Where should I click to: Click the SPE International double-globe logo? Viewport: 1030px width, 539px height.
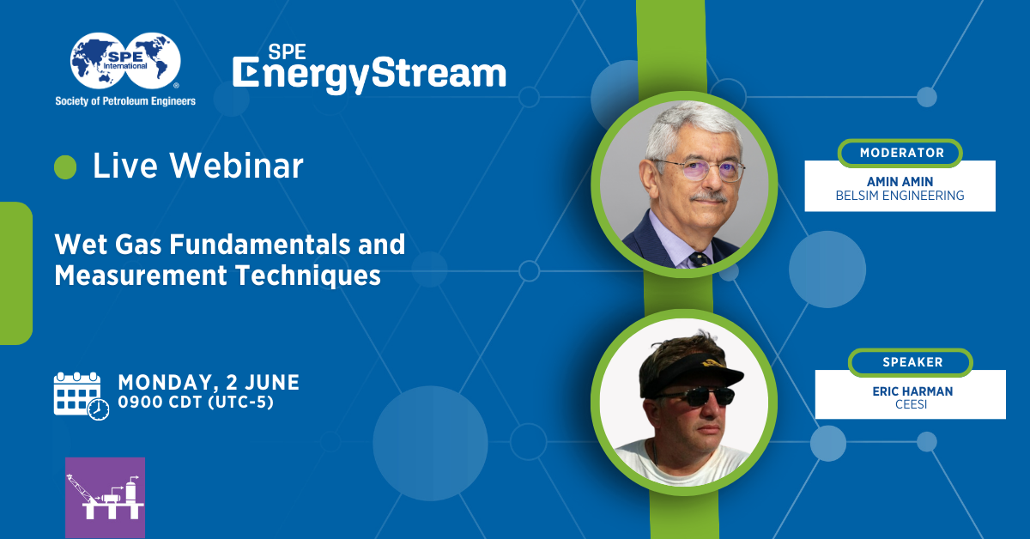tap(125, 61)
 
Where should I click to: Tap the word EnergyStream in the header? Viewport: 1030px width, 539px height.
tap(369, 74)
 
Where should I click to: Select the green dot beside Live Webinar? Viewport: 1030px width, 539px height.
tap(65, 167)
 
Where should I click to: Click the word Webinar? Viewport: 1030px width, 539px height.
tap(236, 165)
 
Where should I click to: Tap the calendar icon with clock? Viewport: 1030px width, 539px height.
tap(82, 396)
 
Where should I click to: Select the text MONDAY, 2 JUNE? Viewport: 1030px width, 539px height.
tap(209, 382)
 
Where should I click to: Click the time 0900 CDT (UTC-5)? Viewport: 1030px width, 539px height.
tap(196, 403)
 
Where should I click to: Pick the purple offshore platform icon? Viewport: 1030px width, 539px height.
tap(106, 497)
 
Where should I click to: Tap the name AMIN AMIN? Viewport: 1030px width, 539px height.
tap(900, 182)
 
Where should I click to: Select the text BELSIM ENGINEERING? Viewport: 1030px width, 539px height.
tap(900, 196)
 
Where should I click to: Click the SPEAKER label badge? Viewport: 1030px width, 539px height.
tap(911, 362)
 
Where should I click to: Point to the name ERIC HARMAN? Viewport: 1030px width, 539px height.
tap(912, 391)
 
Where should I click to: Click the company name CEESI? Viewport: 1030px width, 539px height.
tap(911, 405)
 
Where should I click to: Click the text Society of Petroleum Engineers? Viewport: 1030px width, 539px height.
tap(125, 101)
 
